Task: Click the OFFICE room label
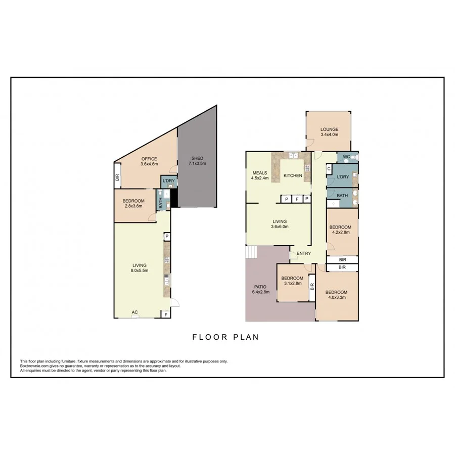(x=149, y=159)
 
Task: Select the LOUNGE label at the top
(x=329, y=129)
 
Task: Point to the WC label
(x=346, y=157)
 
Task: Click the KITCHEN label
(x=292, y=175)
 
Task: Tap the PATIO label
(x=260, y=287)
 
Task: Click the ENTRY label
(x=304, y=253)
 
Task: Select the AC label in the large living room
(x=134, y=312)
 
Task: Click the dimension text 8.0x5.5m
(x=140, y=271)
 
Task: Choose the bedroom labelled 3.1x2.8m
(x=292, y=284)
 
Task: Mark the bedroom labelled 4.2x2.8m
(x=340, y=233)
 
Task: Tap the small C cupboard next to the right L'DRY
(x=329, y=169)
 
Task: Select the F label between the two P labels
(x=297, y=199)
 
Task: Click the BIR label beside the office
(x=117, y=177)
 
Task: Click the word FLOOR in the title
(x=208, y=337)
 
